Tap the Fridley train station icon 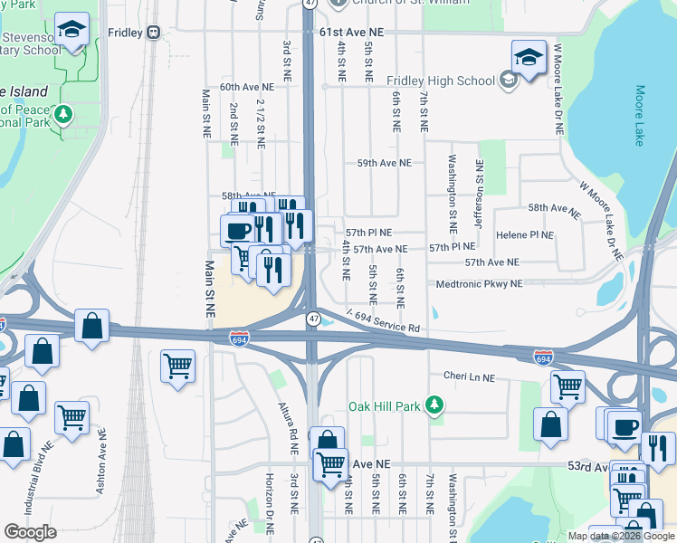click(154, 33)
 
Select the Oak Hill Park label click(386, 406)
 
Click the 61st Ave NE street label click(352, 32)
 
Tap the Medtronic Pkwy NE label click(479, 283)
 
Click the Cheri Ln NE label click(469, 376)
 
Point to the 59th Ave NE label click(384, 164)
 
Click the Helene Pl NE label click(524, 235)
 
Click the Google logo click(30, 532)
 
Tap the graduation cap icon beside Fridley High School click(529, 57)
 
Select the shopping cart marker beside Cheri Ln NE click(568, 386)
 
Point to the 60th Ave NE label click(240, 87)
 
